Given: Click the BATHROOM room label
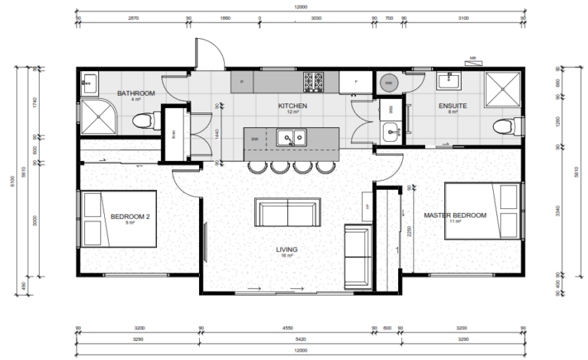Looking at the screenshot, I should point(136,93).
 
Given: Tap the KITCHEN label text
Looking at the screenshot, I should point(292,106).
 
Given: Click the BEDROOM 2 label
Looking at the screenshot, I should point(130,217).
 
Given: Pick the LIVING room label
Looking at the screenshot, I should point(287,250).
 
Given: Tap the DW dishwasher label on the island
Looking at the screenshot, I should point(254,139).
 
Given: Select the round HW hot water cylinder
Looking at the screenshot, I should point(388,81).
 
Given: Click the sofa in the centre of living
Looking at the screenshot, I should point(287,212).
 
